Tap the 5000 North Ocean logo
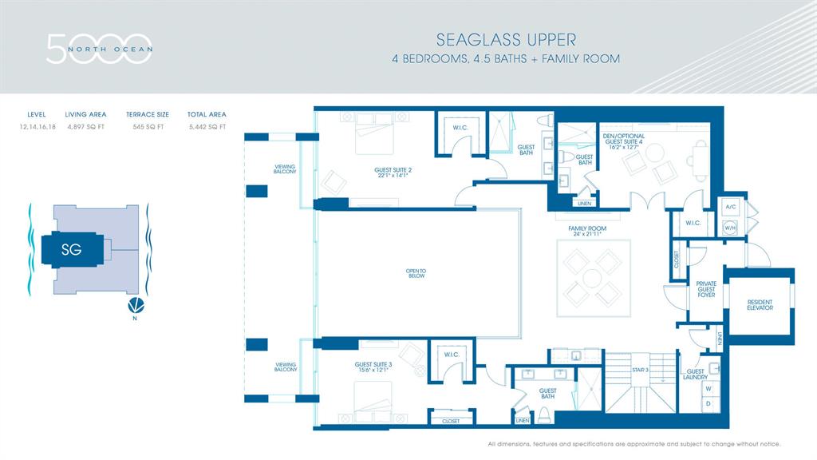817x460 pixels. click(99, 49)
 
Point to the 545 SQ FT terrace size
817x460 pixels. click(144, 126)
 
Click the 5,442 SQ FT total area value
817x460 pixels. click(207, 126)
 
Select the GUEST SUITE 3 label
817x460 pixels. click(373, 367)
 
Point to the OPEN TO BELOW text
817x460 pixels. click(416, 273)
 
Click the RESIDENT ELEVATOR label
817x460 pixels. click(760, 305)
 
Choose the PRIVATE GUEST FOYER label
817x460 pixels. click(706, 289)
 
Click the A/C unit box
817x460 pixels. click(730, 206)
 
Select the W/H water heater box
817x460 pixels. click(730, 227)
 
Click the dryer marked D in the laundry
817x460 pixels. click(707, 405)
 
